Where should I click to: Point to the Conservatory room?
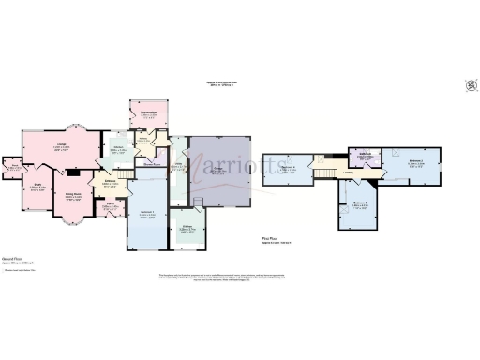coord(148,115)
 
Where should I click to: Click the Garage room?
coord(218,170)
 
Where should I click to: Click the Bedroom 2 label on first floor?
coord(416,161)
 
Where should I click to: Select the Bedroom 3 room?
coord(358,203)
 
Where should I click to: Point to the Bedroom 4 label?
coord(288,169)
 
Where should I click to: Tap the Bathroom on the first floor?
coord(365,157)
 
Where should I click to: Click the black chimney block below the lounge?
coord(71,172)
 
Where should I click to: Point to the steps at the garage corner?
coord(198,201)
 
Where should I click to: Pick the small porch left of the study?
coord(13,169)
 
